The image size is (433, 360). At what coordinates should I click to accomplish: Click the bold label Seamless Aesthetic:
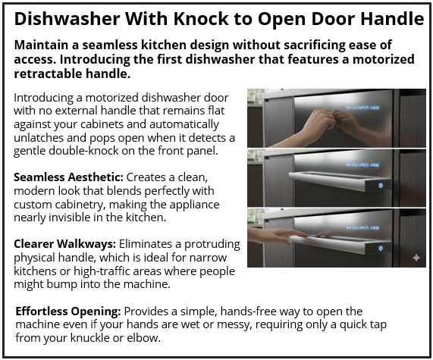64,177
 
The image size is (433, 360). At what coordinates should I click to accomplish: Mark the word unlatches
39,139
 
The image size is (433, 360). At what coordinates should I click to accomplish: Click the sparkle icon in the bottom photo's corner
416,258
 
